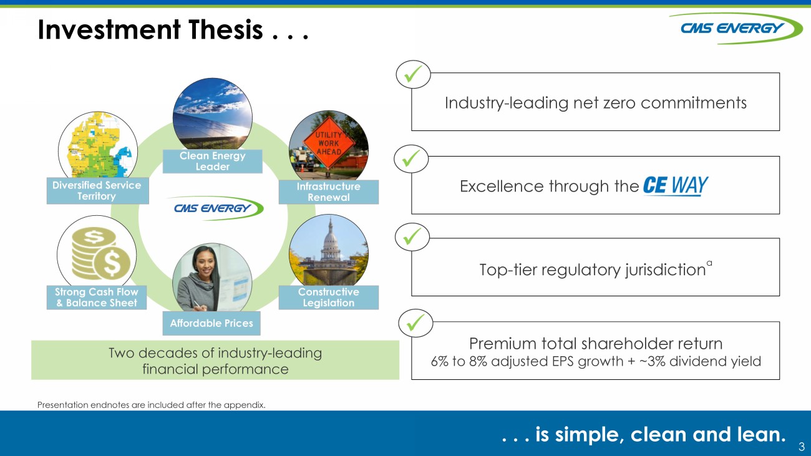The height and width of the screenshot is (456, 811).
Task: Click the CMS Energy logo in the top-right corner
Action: coord(735,28)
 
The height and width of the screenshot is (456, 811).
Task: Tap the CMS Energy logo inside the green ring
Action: coord(216,208)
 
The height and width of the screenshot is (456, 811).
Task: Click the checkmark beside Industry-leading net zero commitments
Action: coord(413,74)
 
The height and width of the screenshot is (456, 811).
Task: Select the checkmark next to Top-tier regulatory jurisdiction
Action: coord(412,236)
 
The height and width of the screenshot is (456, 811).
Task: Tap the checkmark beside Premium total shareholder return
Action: coord(415,323)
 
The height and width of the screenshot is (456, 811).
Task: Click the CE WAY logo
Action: coord(676,186)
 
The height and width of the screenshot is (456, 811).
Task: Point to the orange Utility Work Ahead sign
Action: coord(328,143)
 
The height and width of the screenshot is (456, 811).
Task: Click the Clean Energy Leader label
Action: coord(213,162)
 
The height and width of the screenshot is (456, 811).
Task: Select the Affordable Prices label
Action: coord(211,323)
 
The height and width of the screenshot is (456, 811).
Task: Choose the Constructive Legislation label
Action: coord(329,298)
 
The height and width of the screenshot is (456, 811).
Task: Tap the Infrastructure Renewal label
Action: coord(329,192)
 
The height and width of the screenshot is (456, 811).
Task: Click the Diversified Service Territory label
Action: coord(98,191)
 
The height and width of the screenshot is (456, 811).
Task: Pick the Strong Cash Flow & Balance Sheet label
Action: coord(97,298)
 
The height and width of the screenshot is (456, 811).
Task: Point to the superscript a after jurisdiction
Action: coord(709,263)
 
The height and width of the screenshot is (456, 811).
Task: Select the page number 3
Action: coord(802,446)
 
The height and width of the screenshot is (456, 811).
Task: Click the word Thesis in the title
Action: coord(226,30)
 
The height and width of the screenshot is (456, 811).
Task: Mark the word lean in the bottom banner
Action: coord(761,434)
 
